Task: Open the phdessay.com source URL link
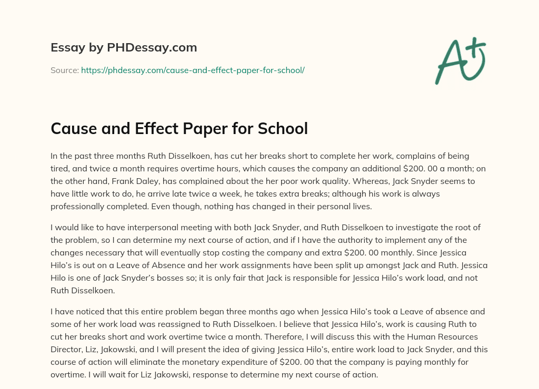pos(193,70)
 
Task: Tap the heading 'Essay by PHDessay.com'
pos(124,48)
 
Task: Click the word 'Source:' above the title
pos(64,70)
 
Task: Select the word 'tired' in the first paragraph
pos(62,168)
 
